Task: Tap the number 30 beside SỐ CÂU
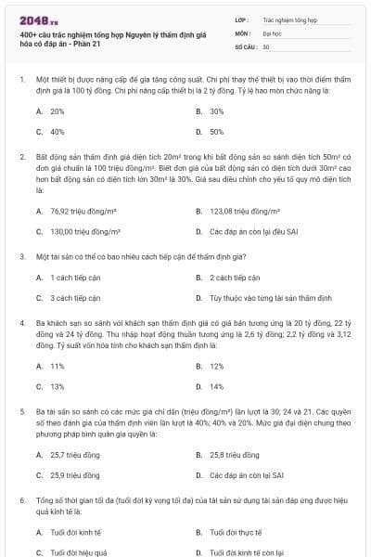coord(266,45)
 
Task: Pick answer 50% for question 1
coord(217,132)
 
